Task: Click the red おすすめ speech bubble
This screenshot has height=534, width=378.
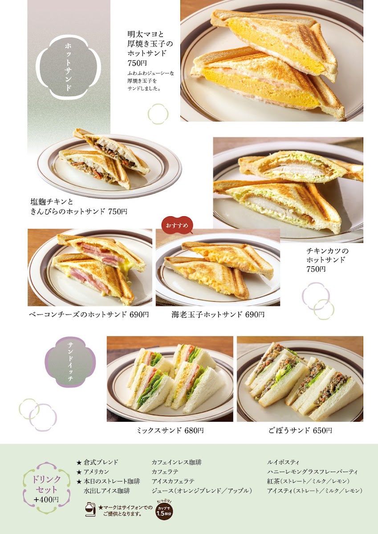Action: [x=177, y=225]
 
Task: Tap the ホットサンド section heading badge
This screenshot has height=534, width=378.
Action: [x=68, y=67]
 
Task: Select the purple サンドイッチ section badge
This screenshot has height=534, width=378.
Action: [x=70, y=362]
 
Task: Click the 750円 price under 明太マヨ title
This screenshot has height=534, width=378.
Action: [x=137, y=63]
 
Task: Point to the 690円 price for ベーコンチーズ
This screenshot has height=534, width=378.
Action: [x=139, y=315]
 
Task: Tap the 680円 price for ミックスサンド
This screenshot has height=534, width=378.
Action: [x=194, y=430]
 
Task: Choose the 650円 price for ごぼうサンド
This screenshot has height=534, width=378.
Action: [x=322, y=430]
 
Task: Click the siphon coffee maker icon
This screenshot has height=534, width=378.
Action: [x=90, y=509]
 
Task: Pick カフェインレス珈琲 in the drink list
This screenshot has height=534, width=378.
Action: [x=176, y=462]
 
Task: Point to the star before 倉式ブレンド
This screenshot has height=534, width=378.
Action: [x=79, y=463]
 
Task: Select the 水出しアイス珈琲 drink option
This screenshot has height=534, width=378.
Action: [x=107, y=491]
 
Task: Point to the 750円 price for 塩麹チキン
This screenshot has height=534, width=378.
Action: [x=118, y=211]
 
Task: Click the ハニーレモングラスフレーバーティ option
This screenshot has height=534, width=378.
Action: [x=313, y=472]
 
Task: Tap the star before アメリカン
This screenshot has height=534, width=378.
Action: [x=79, y=472]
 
